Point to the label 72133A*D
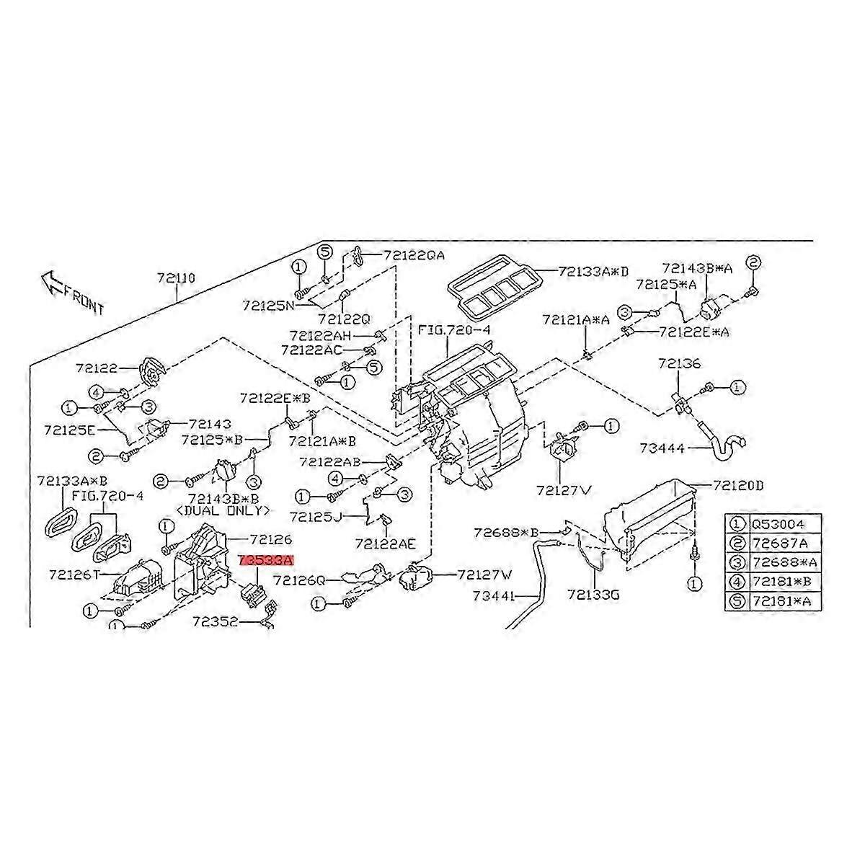click(x=593, y=272)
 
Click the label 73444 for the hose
click(x=662, y=448)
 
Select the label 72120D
click(x=738, y=485)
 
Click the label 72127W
click(x=484, y=575)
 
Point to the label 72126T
click(x=74, y=575)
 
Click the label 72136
click(x=678, y=364)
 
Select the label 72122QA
click(x=414, y=255)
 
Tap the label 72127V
click(x=563, y=491)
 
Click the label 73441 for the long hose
click(x=496, y=596)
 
